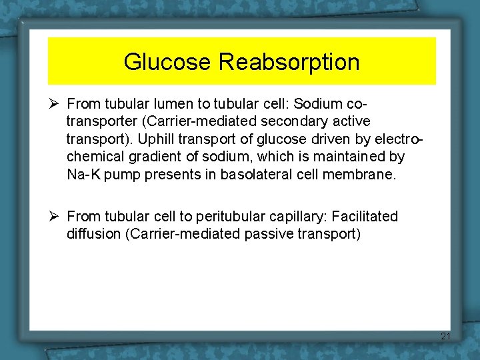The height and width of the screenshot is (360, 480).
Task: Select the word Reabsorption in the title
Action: pyautogui.click(x=289, y=62)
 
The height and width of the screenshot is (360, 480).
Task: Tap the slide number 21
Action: pyautogui.click(x=445, y=337)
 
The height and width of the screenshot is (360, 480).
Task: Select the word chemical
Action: pyautogui.click(x=93, y=157)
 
